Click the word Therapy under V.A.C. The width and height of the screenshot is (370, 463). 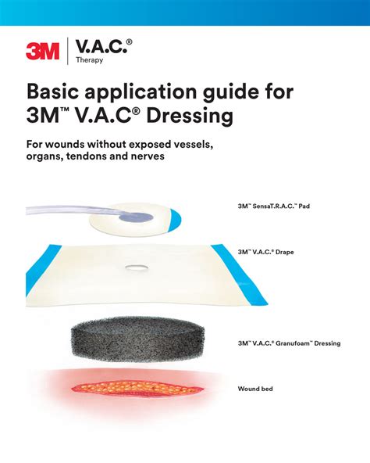pyautogui.click(x=90, y=59)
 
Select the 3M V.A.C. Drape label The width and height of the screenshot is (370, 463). pyautogui.click(x=266, y=252)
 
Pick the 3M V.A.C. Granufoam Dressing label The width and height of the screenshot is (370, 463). pyautogui.click(x=289, y=343)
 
